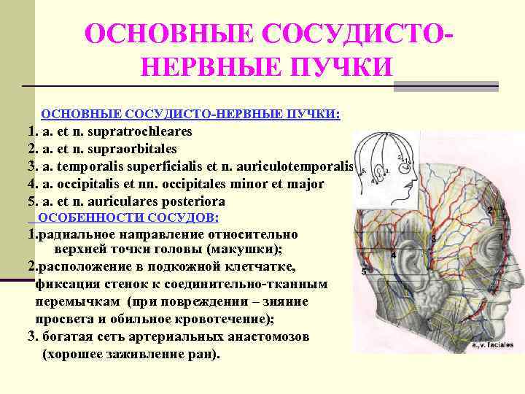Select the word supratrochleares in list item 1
pyautogui.click(x=144, y=132)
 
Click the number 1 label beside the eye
pyautogui.click(x=501, y=237)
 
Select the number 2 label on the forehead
pyautogui.click(x=490, y=210)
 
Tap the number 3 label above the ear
pyautogui.click(x=433, y=239)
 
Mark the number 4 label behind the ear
pyautogui.click(x=393, y=255)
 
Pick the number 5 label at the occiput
pyautogui.click(x=364, y=271)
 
